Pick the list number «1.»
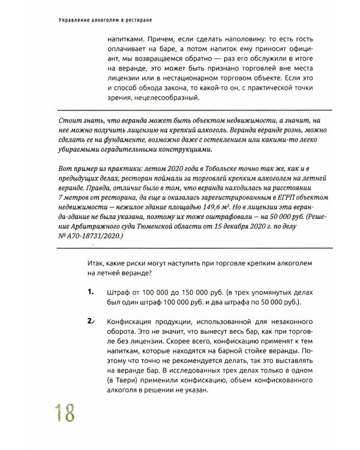tap(91, 292)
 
